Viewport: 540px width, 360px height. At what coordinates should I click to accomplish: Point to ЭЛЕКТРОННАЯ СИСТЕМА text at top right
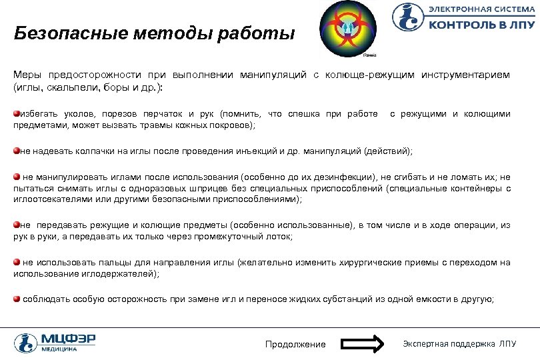click(x=476, y=9)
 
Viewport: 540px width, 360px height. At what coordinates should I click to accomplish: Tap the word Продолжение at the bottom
click(x=295, y=344)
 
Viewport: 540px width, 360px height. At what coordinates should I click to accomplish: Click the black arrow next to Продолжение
click(x=363, y=344)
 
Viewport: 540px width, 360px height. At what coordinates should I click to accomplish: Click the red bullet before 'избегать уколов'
click(x=17, y=113)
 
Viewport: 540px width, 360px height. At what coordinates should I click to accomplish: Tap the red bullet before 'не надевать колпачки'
click(x=17, y=151)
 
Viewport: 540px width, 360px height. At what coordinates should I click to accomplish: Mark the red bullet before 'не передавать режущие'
click(x=17, y=225)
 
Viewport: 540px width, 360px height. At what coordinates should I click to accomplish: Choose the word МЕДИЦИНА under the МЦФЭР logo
click(x=58, y=349)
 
